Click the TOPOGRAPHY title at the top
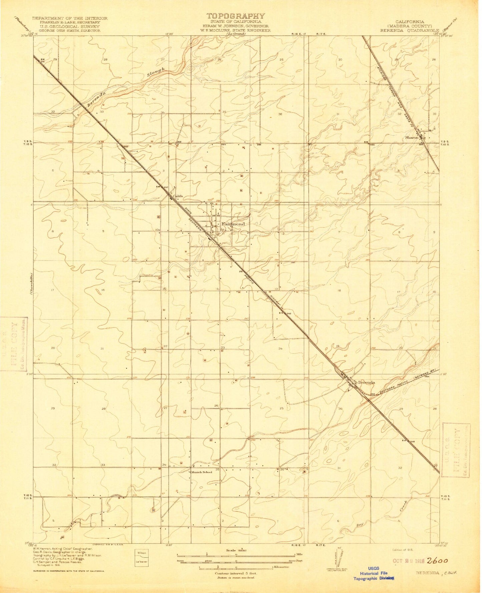click(235, 16)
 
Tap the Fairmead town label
click(232, 224)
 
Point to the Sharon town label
click(411, 137)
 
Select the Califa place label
click(178, 196)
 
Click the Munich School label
click(201, 472)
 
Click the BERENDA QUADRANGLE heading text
click(410, 30)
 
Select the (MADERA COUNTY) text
click(410, 26)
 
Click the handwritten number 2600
click(437, 561)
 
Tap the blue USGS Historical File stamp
click(374, 573)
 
